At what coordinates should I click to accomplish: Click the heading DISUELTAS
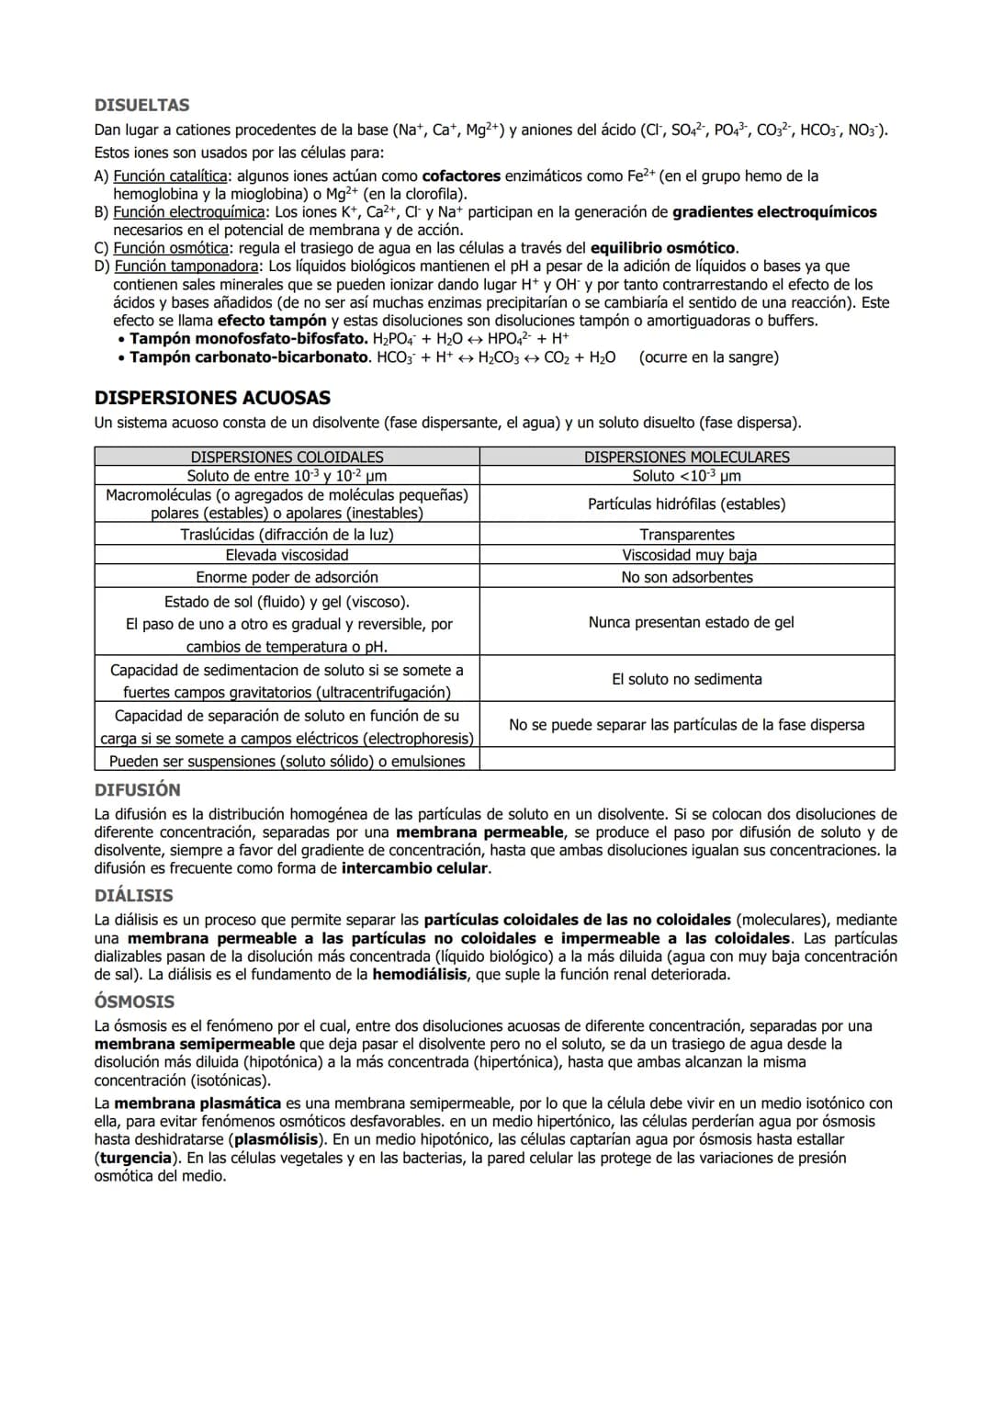click(x=141, y=105)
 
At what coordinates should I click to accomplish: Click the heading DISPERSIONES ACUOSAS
click(x=212, y=398)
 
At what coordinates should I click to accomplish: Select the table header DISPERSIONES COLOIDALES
click(x=287, y=457)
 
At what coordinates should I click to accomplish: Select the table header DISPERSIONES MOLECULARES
click(x=686, y=457)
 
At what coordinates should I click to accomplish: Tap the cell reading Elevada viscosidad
click(x=287, y=555)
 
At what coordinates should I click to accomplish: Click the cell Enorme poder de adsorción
click(x=287, y=577)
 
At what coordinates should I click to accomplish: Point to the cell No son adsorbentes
click(x=686, y=577)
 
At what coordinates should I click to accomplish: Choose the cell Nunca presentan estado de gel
click(x=691, y=622)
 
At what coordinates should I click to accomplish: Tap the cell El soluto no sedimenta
click(x=686, y=679)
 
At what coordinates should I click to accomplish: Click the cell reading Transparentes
click(x=687, y=535)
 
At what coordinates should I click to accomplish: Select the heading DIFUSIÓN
click(x=138, y=790)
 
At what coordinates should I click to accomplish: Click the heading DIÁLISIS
click(x=133, y=896)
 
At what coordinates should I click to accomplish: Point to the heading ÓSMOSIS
click(x=134, y=1001)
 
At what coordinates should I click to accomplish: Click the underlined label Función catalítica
click(x=170, y=175)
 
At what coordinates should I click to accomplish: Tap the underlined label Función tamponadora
click(x=186, y=266)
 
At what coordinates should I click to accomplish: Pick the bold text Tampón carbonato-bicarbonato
click(x=249, y=357)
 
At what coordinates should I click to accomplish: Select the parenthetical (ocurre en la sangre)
click(x=708, y=357)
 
